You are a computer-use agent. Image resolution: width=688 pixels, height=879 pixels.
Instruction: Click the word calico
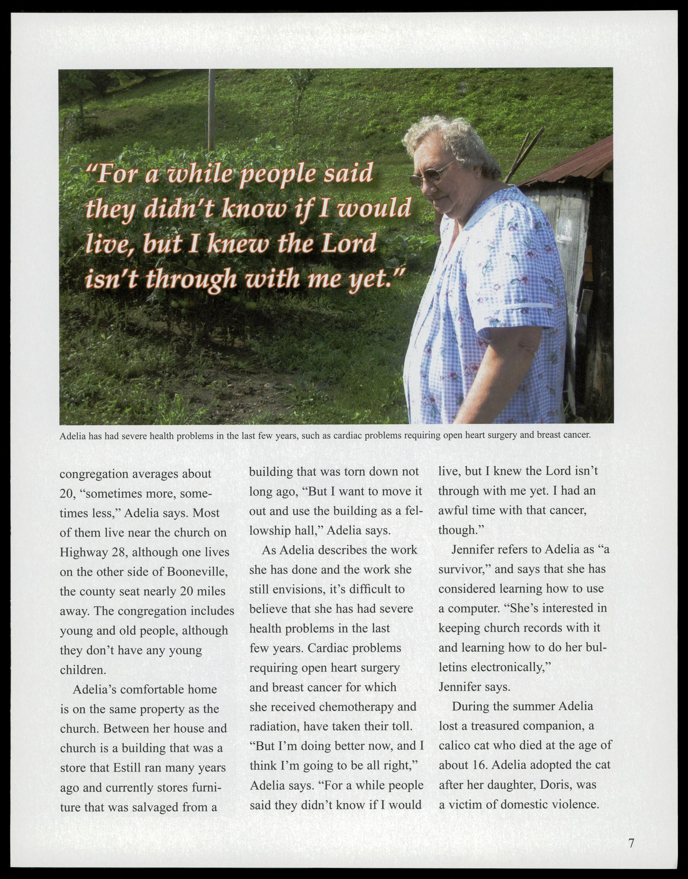[x=456, y=745]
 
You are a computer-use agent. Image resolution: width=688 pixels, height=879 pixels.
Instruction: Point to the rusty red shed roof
[x=572, y=161]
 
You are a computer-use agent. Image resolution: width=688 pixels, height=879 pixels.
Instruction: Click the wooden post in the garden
[x=211, y=109]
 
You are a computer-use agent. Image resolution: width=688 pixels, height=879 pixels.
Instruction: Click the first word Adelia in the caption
[x=73, y=436]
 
